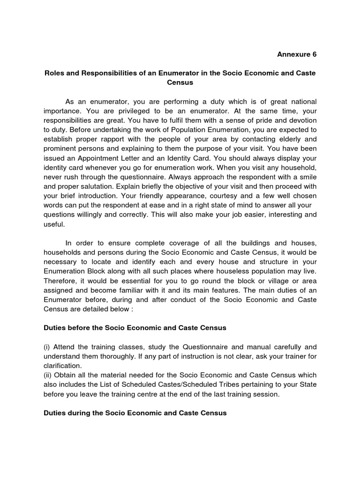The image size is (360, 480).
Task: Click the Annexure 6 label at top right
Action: (x=297, y=54)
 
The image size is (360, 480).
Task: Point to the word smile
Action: (x=307, y=177)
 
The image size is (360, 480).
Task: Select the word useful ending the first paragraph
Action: (x=54, y=224)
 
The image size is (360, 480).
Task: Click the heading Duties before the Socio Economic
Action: (x=135, y=328)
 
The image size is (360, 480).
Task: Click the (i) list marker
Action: (x=47, y=347)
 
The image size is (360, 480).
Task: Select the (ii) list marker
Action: (x=48, y=375)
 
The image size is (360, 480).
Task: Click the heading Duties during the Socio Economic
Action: (x=135, y=413)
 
